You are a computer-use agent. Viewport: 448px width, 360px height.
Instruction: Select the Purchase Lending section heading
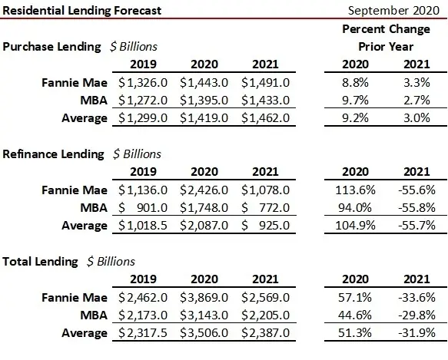click(52, 46)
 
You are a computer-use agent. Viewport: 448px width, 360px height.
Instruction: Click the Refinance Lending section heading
click(54, 154)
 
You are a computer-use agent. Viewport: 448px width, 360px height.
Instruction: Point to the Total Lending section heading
click(41, 262)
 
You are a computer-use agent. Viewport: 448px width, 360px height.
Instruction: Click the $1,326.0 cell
click(144, 82)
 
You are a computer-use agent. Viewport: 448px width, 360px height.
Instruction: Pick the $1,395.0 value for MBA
click(205, 100)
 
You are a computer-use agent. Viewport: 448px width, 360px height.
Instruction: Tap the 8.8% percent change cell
click(355, 82)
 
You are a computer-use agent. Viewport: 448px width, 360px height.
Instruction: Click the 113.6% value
click(353, 190)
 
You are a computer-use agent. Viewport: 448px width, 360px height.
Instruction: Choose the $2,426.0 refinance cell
click(205, 190)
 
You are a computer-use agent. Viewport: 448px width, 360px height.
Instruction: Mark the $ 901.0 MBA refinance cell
click(144, 207)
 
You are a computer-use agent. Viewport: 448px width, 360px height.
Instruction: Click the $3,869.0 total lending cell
click(205, 297)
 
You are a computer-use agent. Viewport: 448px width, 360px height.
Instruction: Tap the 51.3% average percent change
click(354, 333)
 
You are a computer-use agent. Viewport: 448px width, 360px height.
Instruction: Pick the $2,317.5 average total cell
click(144, 333)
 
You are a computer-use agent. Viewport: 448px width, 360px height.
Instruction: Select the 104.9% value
click(353, 226)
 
